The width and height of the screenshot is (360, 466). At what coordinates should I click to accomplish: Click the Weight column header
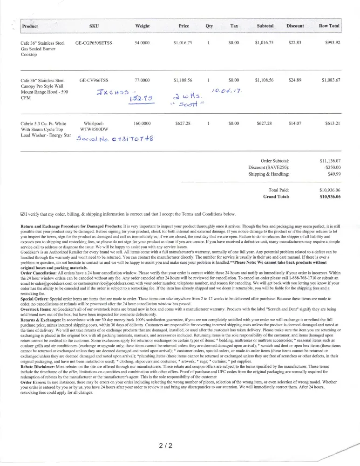tap(142, 26)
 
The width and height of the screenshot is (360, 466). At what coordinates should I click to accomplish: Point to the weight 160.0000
tap(142, 123)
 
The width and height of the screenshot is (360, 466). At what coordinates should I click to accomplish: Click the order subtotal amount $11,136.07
tap(330, 160)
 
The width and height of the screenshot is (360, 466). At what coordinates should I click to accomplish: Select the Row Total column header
tap(329, 26)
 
